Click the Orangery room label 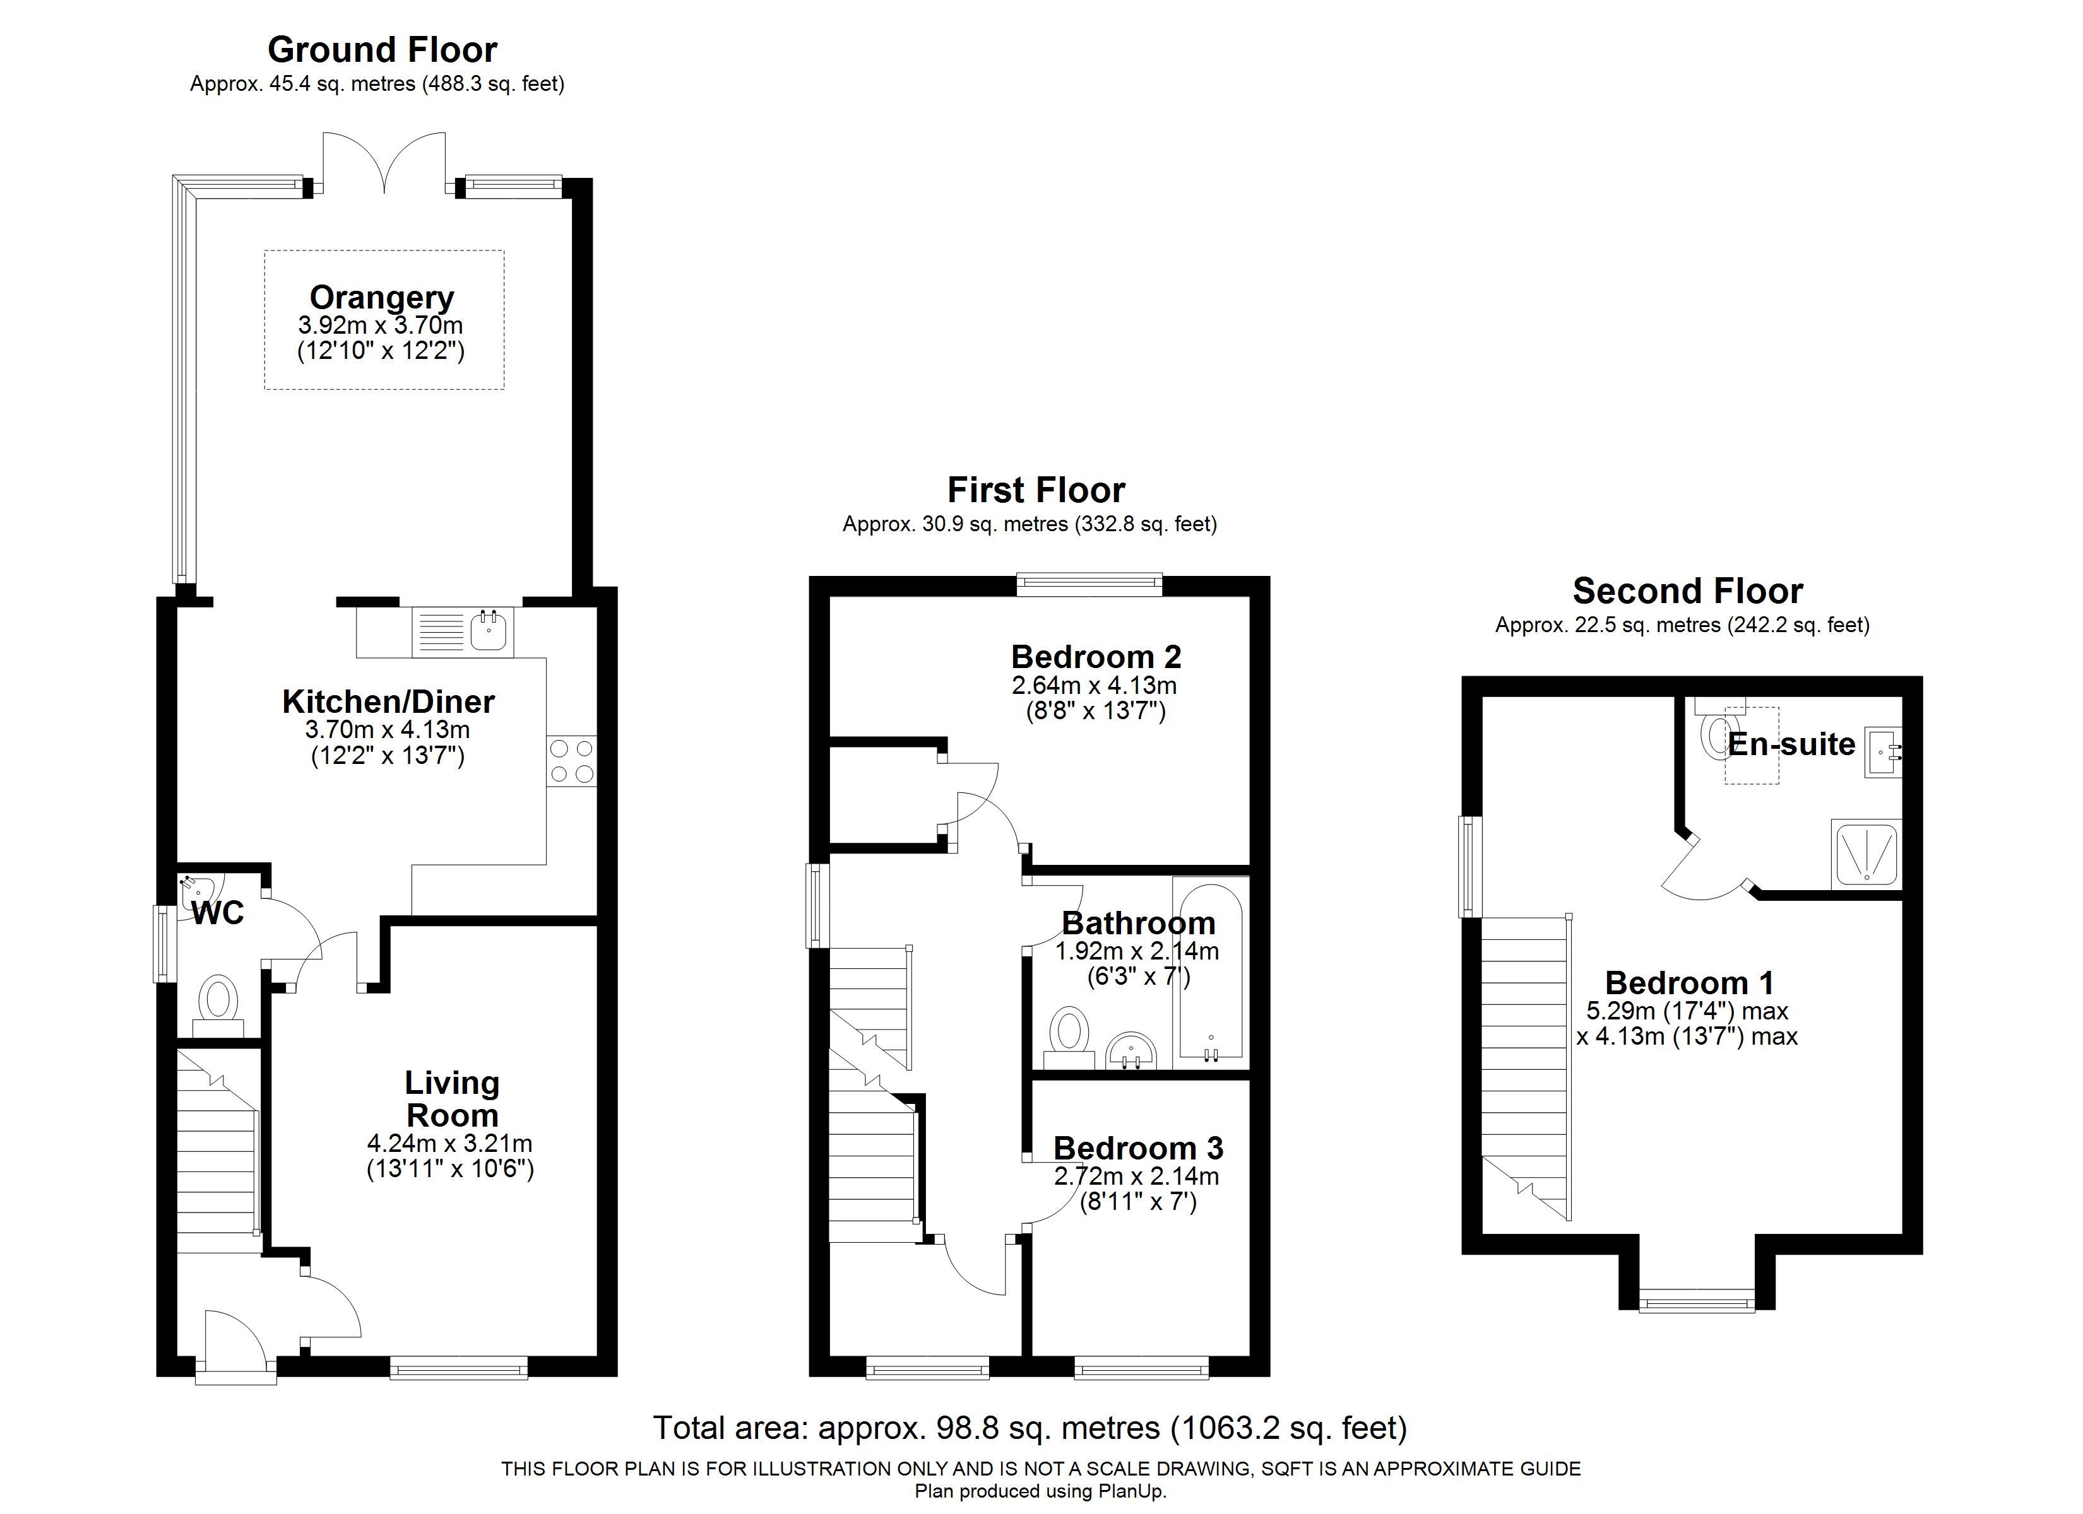[x=382, y=298]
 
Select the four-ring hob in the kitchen [x=571, y=761]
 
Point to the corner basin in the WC [x=198, y=888]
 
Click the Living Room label [x=452, y=1099]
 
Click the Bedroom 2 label [x=1096, y=657]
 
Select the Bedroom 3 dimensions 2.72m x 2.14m [x=1137, y=1176]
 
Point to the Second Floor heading [x=1687, y=590]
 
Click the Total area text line [x=1030, y=1428]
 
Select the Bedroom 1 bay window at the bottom [x=1696, y=1300]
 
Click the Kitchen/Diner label [x=388, y=701]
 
